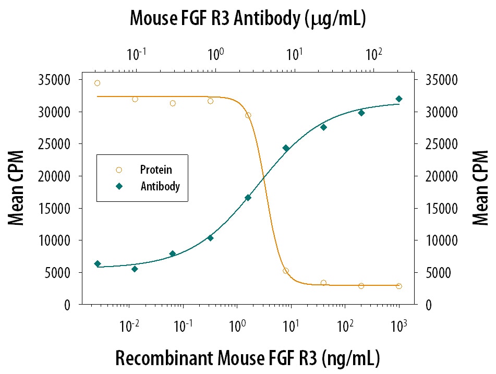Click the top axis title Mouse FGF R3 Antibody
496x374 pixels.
pyautogui.click(x=247, y=19)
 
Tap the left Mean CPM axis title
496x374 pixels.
pyautogui.click(x=17, y=192)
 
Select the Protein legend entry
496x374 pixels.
pyautogui.click(x=155, y=170)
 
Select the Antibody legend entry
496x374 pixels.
pyautogui.click(x=160, y=186)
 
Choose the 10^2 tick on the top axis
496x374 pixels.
pyautogui.click(x=373, y=54)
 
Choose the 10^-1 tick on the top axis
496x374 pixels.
pyautogui.click(x=136, y=54)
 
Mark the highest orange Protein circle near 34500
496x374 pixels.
pyautogui.click(x=97, y=83)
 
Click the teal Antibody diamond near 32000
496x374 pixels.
pyautogui.click(x=399, y=99)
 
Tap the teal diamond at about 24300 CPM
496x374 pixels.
pyautogui.click(x=286, y=148)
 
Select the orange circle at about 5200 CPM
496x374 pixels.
pyautogui.click(x=286, y=271)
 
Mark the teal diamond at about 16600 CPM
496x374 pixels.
pyautogui.click(x=248, y=198)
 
